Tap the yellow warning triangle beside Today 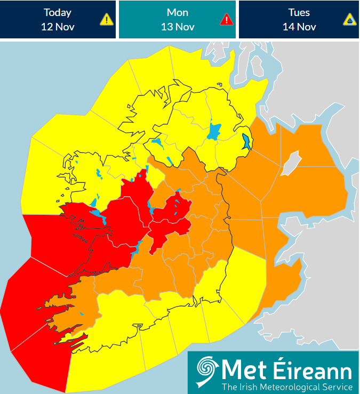click(x=107, y=20)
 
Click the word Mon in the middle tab click(x=177, y=12)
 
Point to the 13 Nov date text click(x=177, y=27)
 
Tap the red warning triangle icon click(x=227, y=20)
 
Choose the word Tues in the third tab click(x=299, y=12)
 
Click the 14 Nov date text click(x=299, y=27)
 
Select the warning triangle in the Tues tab click(x=349, y=20)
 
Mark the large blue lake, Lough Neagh click(x=214, y=132)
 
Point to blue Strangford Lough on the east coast click(x=246, y=142)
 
